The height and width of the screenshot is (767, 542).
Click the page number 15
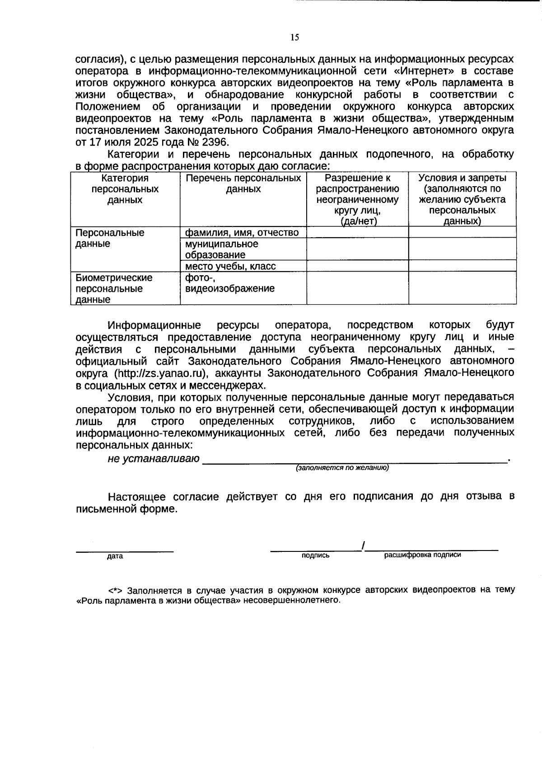click(294, 38)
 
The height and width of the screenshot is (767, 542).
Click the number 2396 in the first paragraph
click(216, 142)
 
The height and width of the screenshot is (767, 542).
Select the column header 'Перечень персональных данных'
click(243, 184)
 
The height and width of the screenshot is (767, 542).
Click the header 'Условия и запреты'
click(462, 178)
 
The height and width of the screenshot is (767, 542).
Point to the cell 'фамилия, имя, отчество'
click(242, 233)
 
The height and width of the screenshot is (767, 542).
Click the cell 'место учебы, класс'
click(230, 266)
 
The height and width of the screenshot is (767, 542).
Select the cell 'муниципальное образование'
click(222, 249)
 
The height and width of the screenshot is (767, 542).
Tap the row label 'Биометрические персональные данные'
click(114, 288)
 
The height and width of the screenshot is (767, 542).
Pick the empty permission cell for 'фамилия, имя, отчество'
click(357, 232)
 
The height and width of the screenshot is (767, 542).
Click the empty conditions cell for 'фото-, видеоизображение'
click(462, 288)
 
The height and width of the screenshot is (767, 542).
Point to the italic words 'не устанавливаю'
click(154, 459)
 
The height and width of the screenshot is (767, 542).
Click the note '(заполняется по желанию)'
click(342, 468)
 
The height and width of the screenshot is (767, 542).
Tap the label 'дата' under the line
click(115, 556)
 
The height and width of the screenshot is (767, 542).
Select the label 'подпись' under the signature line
click(315, 555)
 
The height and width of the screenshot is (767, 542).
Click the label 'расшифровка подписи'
click(422, 555)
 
